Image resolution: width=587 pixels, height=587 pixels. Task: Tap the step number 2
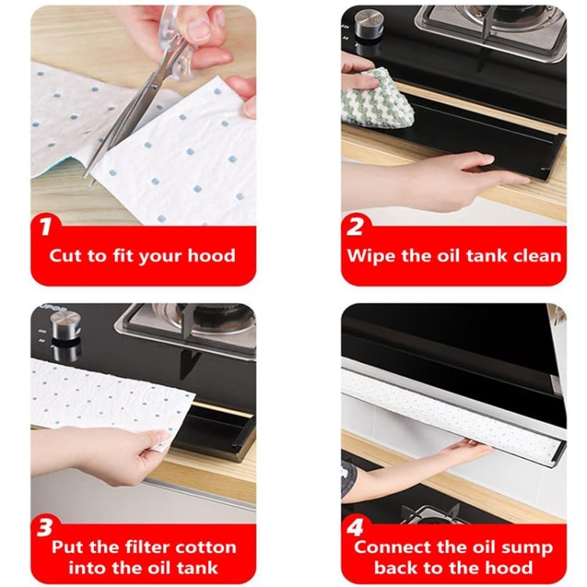pyautogui.click(x=355, y=227)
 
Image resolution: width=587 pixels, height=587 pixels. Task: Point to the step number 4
pyautogui.click(x=355, y=525)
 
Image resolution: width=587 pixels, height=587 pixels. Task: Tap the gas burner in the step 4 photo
pyautogui.click(x=427, y=514)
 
